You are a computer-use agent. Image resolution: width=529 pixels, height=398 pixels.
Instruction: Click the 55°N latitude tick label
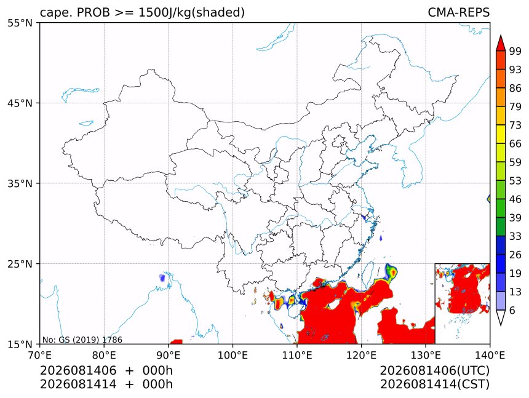pyautogui.click(x=20, y=23)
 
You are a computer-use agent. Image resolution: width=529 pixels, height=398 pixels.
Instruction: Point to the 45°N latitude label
pyautogui.click(x=20, y=103)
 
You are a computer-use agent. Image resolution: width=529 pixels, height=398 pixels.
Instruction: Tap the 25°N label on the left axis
pyautogui.click(x=20, y=264)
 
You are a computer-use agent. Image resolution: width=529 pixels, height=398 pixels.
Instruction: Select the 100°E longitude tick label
pyautogui.click(x=233, y=355)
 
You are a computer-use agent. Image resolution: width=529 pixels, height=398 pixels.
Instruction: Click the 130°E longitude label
pyautogui.click(x=426, y=355)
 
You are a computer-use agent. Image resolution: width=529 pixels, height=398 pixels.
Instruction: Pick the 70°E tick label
pyautogui.click(x=40, y=355)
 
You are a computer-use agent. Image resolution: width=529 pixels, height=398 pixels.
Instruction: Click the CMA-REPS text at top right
pyautogui.click(x=458, y=12)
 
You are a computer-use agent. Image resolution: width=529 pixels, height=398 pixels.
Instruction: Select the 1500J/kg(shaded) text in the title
pyautogui.click(x=192, y=12)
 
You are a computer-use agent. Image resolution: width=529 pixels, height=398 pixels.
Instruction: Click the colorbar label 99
pyautogui.click(x=515, y=51)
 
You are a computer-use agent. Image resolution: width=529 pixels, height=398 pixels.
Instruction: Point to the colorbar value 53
pyautogui.click(x=515, y=181)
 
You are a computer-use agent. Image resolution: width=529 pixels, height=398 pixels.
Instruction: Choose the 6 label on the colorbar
pyautogui.click(x=512, y=310)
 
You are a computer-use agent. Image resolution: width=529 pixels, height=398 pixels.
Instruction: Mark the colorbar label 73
pyautogui.click(x=515, y=125)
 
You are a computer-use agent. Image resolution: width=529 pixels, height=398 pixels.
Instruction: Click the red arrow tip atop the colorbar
pyautogui.click(x=501, y=36)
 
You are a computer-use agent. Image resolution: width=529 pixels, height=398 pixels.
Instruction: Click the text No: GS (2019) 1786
pyautogui.click(x=82, y=340)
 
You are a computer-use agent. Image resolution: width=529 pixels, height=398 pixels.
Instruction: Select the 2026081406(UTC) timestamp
pyautogui.click(x=434, y=371)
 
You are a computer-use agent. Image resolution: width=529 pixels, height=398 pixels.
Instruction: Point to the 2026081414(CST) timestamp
pyautogui.click(x=434, y=384)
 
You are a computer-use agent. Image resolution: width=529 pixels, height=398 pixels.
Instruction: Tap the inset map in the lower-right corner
pyautogui.click(x=462, y=303)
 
